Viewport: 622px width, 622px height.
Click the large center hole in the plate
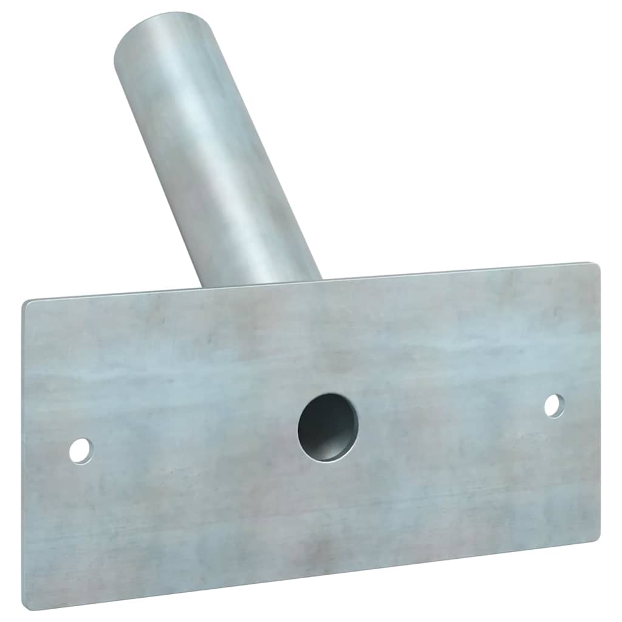(327, 427)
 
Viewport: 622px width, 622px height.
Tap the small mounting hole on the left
(81, 450)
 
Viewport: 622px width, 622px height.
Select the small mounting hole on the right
(553, 405)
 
